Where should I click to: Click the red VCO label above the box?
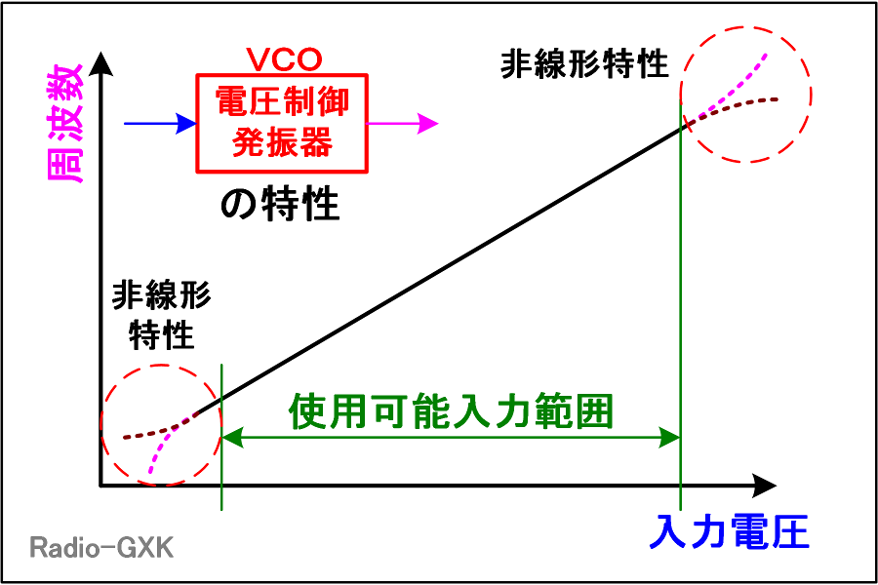(284, 59)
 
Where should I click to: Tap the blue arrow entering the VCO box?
(160, 123)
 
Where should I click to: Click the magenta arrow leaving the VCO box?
(402, 123)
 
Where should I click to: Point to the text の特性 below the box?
(280, 204)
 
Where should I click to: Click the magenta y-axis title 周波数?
(66, 123)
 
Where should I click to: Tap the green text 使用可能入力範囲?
(452, 411)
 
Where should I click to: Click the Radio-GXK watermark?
(101, 547)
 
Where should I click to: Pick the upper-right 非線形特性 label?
(584, 63)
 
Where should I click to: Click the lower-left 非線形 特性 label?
(161, 315)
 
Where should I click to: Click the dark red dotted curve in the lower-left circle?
(158, 431)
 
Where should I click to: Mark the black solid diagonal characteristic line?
(440, 270)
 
